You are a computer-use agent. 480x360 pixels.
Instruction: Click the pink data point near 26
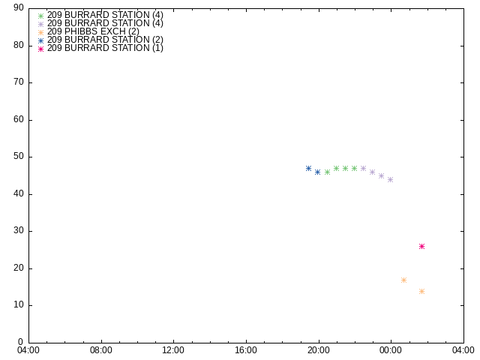point(421,247)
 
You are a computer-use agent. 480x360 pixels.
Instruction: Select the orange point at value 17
point(403,280)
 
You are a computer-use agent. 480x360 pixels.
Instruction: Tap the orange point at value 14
point(421,292)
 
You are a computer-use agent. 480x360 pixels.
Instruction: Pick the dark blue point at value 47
point(308,168)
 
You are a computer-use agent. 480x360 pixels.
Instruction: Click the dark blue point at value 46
point(318,172)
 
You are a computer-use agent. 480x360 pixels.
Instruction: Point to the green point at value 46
point(327,172)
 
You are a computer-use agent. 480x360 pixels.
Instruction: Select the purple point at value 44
point(390,180)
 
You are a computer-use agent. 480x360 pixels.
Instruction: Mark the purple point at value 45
point(382,176)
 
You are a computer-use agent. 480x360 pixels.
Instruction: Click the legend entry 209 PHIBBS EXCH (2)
point(93,31)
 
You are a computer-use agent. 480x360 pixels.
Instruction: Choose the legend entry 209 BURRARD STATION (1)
point(105,48)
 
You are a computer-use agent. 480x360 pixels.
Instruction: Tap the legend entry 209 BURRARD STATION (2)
point(105,40)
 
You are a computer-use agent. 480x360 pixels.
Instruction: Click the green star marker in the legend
point(40,16)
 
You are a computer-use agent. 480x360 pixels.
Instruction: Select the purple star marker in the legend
point(40,24)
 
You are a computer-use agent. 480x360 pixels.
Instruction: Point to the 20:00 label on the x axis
point(319,350)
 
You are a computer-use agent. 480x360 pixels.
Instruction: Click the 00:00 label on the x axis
point(391,350)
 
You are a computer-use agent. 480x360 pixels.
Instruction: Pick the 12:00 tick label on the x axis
point(173,350)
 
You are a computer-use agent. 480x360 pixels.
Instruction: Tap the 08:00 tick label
point(101,350)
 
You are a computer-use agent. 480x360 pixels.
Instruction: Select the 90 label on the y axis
point(19,7)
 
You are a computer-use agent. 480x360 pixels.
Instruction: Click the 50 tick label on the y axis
point(19,157)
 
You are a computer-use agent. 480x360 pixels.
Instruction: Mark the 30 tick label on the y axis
point(19,231)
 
